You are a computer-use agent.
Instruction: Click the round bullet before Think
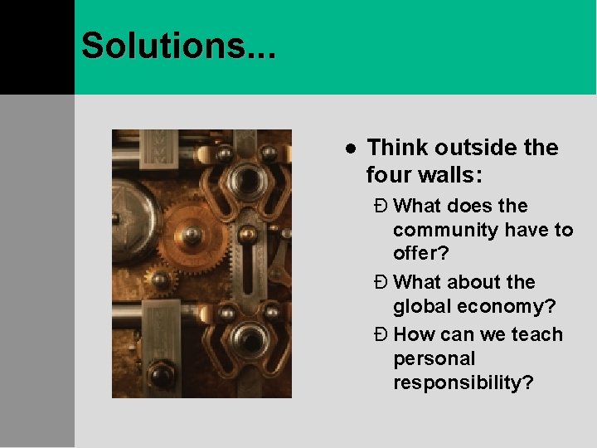[x=351, y=149]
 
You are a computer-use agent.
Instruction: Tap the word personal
[x=434, y=359]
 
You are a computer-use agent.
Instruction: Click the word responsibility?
[x=463, y=383]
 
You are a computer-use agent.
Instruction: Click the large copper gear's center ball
[x=192, y=236]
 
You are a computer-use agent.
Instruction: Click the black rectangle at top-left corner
[x=36, y=46]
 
